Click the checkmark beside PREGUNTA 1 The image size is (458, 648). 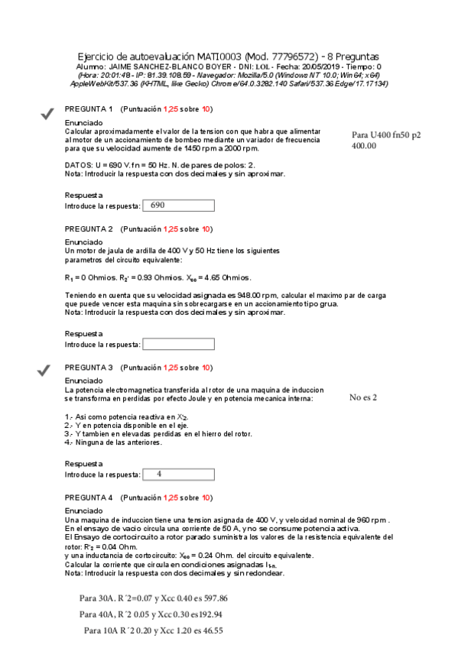point(47,113)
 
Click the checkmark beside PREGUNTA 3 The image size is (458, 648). point(47,370)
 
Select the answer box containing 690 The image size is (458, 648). point(177,206)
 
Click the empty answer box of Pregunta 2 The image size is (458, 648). point(177,344)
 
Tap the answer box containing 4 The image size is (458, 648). point(177,474)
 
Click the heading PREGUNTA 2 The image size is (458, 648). point(89,228)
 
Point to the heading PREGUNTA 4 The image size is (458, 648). point(89,497)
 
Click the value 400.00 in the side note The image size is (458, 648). point(364,145)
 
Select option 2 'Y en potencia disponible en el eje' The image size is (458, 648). point(126,425)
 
